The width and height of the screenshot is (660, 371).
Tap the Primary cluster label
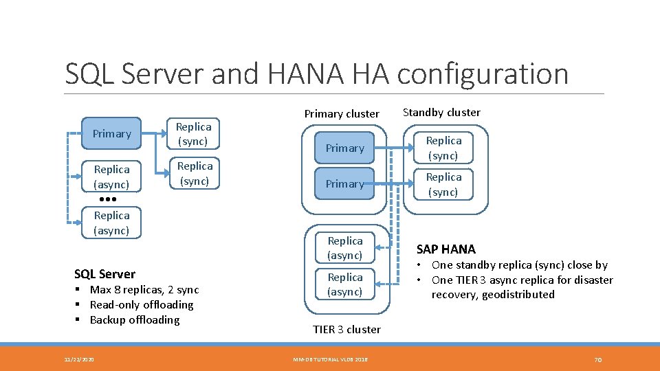[342, 113]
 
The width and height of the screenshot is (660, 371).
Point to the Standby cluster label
[441, 112]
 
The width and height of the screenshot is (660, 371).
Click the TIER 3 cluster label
[346, 329]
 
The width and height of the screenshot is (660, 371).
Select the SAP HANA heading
[446, 249]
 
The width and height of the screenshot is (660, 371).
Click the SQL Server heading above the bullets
[104, 273]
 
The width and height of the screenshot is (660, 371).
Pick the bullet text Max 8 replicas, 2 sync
[144, 289]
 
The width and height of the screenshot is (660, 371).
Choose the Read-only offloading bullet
[142, 304]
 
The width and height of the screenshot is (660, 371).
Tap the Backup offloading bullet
[135, 319]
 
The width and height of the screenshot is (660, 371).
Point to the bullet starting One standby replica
[520, 265]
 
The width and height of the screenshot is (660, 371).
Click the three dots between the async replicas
[108, 199]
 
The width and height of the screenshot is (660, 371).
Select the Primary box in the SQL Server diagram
[111, 133]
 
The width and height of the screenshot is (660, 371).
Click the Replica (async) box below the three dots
[111, 223]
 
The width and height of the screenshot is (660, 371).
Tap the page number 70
[597, 359]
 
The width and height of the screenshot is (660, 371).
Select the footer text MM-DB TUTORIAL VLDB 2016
[330, 359]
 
